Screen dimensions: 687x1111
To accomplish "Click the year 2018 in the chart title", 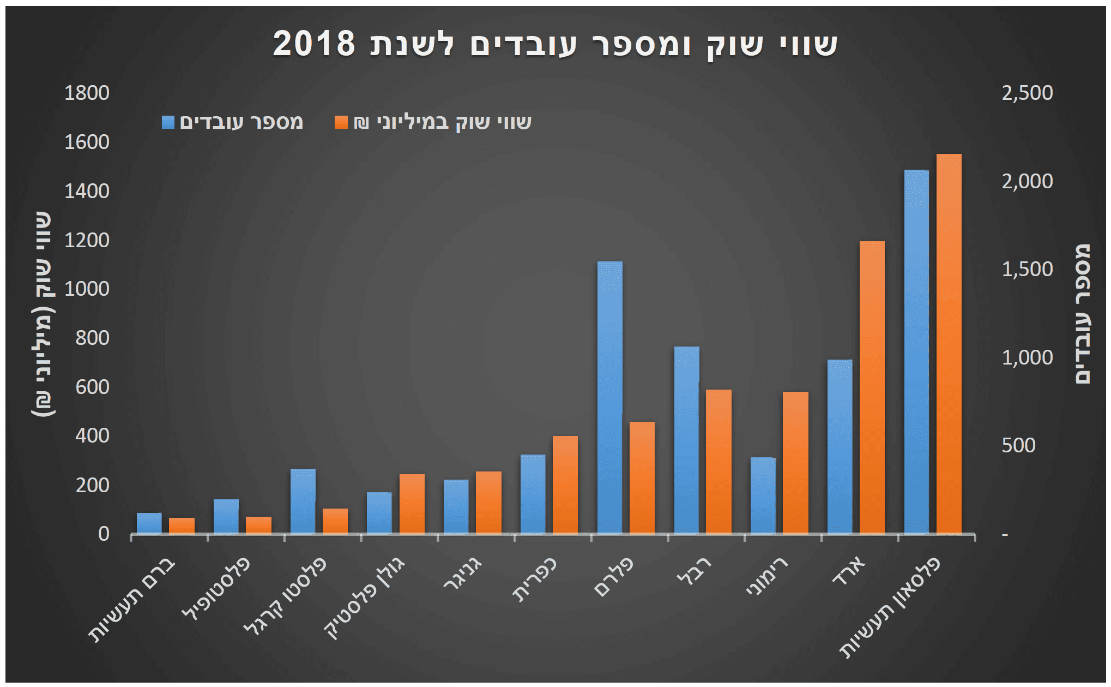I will (314, 44).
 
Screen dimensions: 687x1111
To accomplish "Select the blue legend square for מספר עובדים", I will (168, 122).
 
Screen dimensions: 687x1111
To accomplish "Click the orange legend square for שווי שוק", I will (341, 122).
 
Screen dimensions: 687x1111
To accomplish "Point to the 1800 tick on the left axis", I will (87, 93).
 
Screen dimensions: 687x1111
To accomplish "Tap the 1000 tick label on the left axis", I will (87, 289).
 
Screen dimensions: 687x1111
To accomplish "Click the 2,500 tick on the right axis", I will (1027, 93).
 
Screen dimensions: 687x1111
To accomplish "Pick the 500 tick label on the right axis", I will (1018, 445).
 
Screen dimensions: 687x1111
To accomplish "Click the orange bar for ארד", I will (872, 387).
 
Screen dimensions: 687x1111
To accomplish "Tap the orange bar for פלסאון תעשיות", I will (949, 343).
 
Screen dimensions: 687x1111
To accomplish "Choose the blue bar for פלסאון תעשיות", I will (916, 351).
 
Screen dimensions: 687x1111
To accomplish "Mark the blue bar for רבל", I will (686, 440).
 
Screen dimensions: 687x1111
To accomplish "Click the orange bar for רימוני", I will (795, 462).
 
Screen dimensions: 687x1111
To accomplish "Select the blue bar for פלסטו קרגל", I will (303, 501).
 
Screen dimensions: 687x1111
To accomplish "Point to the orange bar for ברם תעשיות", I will (182, 525).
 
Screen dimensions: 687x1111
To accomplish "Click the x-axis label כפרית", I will (534, 580).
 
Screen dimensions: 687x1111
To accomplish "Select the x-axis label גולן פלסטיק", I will (365, 599).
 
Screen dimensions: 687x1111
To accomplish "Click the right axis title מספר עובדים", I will (1083, 314).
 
